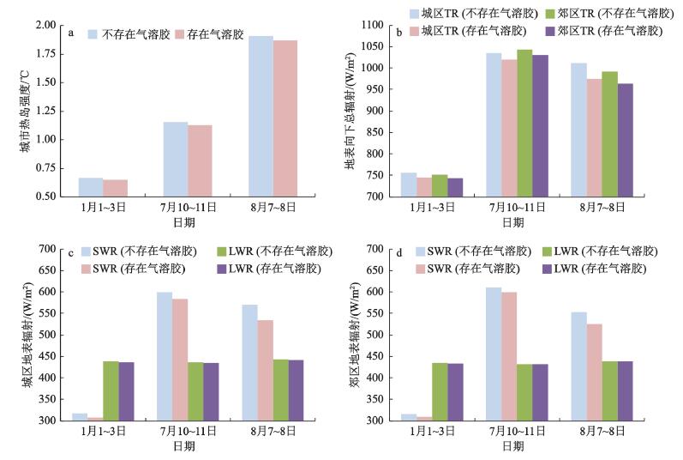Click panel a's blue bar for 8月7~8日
click(x=261, y=116)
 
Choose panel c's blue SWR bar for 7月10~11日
click(x=164, y=356)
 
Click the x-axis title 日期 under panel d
click(x=513, y=446)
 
